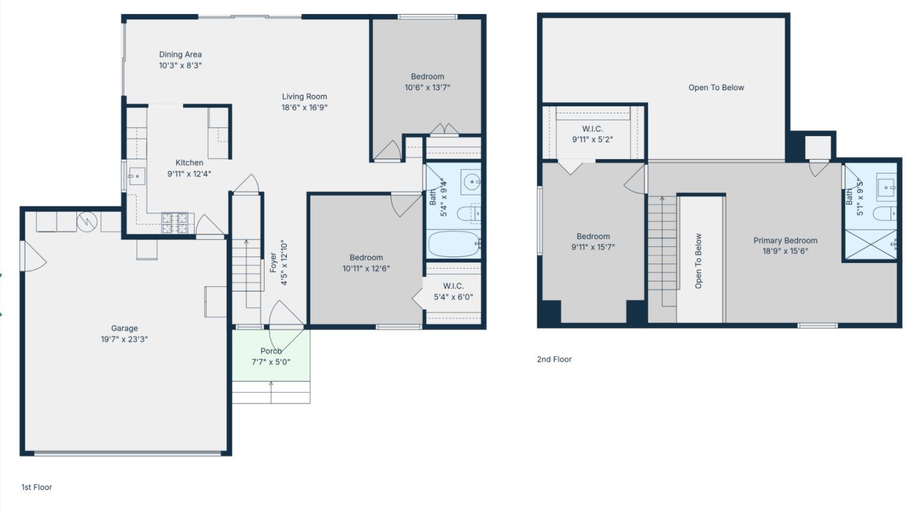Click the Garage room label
tap(124, 328)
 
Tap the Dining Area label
tap(180, 55)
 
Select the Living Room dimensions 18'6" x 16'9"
tap(305, 108)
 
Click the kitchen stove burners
tap(176, 222)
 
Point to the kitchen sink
tap(137, 176)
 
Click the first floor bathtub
tap(454, 244)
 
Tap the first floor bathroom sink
tap(471, 182)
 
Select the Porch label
tap(271, 351)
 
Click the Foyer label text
tap(274, 263)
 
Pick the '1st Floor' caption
tap(37, 487)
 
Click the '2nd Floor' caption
tap(554, 359)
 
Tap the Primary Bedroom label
tap(785, 241)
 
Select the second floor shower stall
tap(870, 244)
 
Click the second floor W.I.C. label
tap(592, 129)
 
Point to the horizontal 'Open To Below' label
tap(716, 88)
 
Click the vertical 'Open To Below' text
tap(698, 261)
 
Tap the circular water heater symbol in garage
tap(86, 222)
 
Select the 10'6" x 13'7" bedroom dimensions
tap(427, 87)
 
